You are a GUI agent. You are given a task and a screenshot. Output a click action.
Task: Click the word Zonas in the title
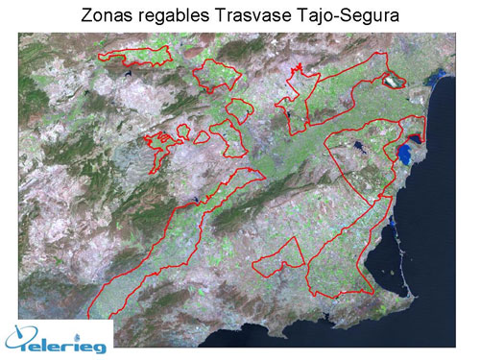click(x=104, y=14)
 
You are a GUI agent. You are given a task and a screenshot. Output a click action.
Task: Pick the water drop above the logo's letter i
click(x=93, y=324)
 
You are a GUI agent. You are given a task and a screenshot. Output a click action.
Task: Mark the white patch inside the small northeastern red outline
click(x=393, y=83)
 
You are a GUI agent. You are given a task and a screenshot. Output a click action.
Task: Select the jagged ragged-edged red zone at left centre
click(x=163, y=141)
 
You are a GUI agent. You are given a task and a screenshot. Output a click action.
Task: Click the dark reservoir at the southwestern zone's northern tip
click(x=196, y=201)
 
